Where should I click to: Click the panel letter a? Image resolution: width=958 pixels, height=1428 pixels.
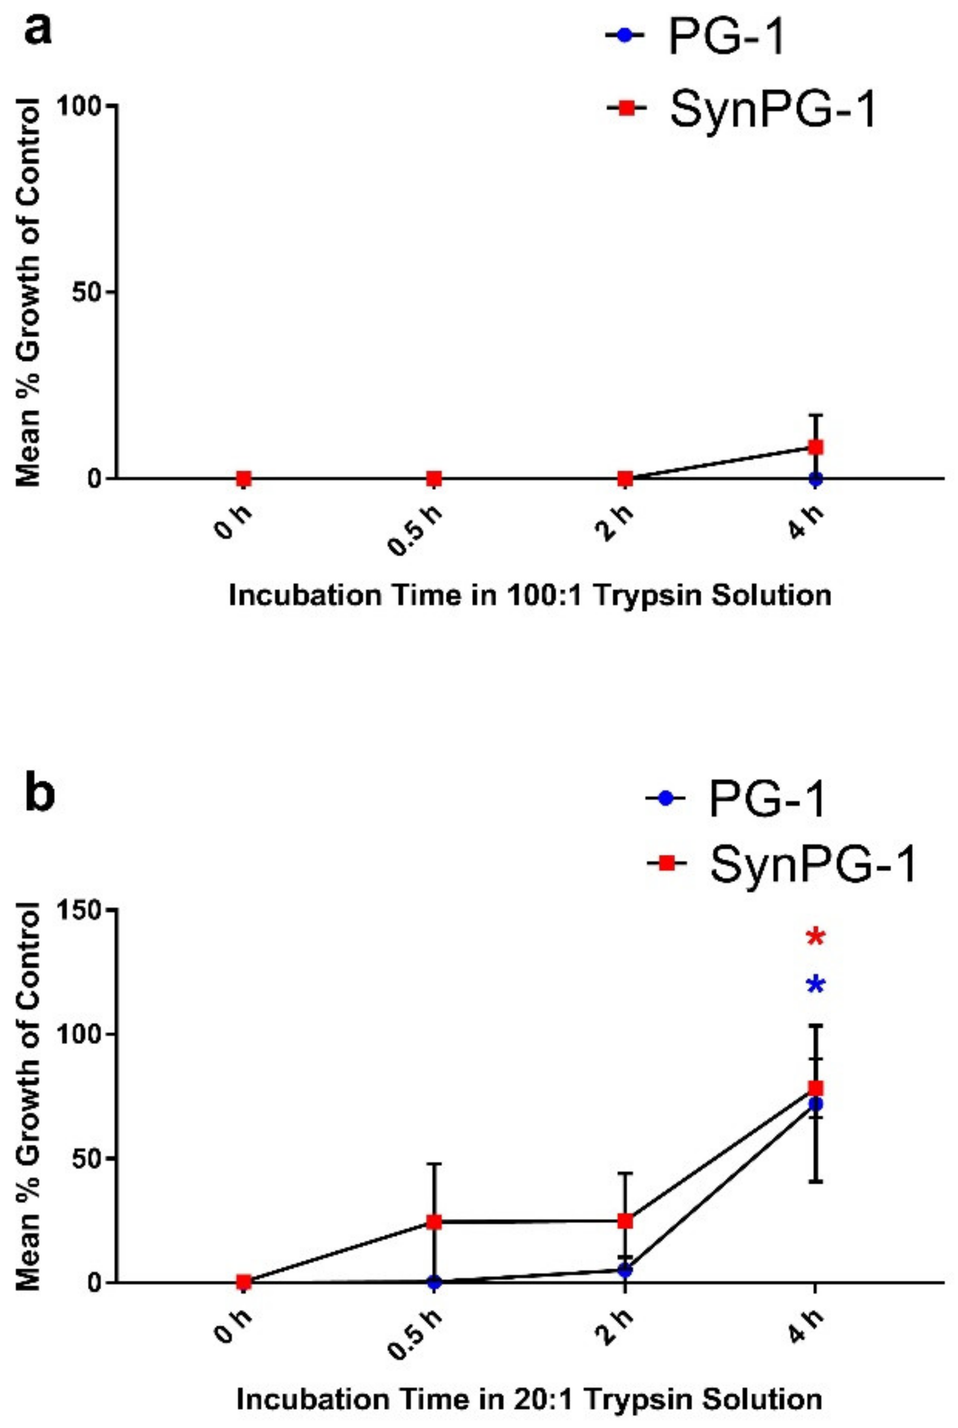[38, 31]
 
